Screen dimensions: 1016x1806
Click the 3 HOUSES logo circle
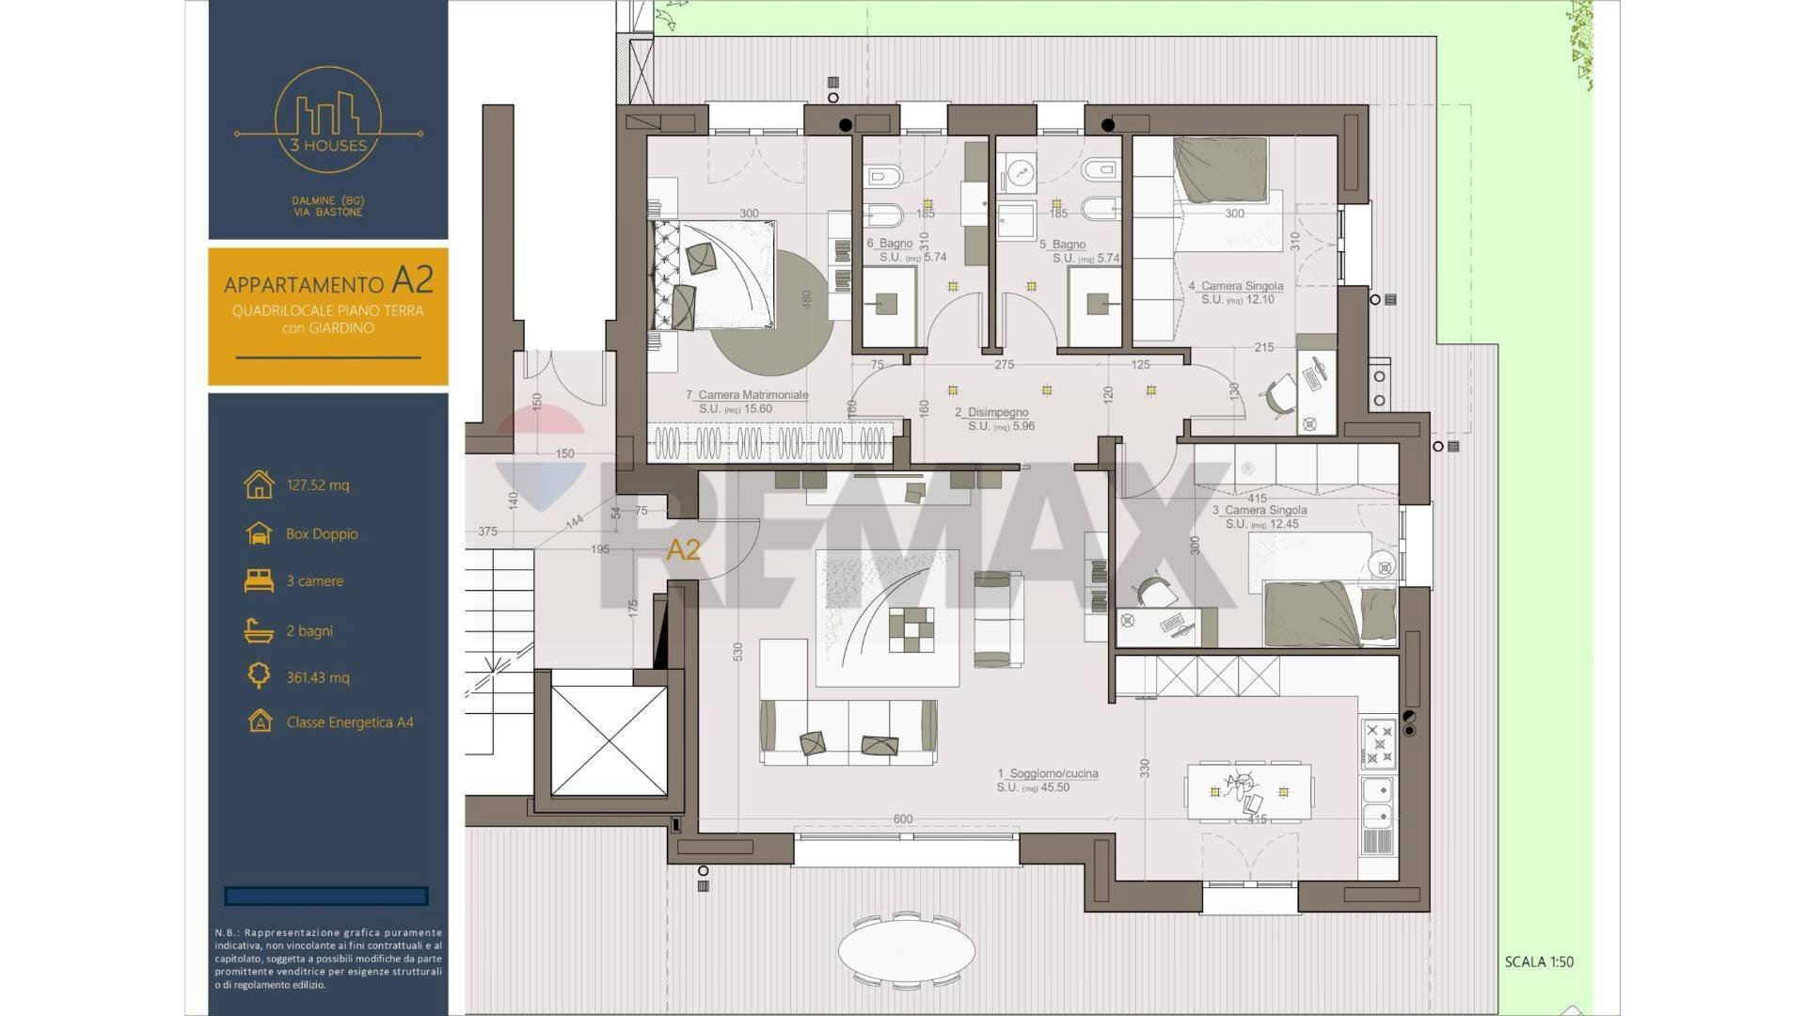[327, 119]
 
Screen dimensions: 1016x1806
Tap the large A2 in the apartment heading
[412, 280]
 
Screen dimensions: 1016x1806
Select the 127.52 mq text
[317, 485]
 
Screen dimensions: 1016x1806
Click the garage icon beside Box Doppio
[259, 533]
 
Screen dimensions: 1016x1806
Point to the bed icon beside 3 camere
[259, 581]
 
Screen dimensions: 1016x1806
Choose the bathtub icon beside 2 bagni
[259, 630]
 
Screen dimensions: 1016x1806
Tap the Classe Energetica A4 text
[349, 722]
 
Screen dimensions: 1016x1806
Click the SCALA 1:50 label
[1539, 961]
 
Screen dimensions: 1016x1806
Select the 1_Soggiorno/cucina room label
[1047, 774]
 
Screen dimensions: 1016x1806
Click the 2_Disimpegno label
[991, 413]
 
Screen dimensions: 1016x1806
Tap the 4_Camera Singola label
[1235, 286]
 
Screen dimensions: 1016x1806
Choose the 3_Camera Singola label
[1259, 511]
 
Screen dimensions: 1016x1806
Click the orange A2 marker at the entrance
[683, 550]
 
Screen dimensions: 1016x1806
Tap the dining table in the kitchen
[1249, 791]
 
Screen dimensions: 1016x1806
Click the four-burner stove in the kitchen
[1378, 743]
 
